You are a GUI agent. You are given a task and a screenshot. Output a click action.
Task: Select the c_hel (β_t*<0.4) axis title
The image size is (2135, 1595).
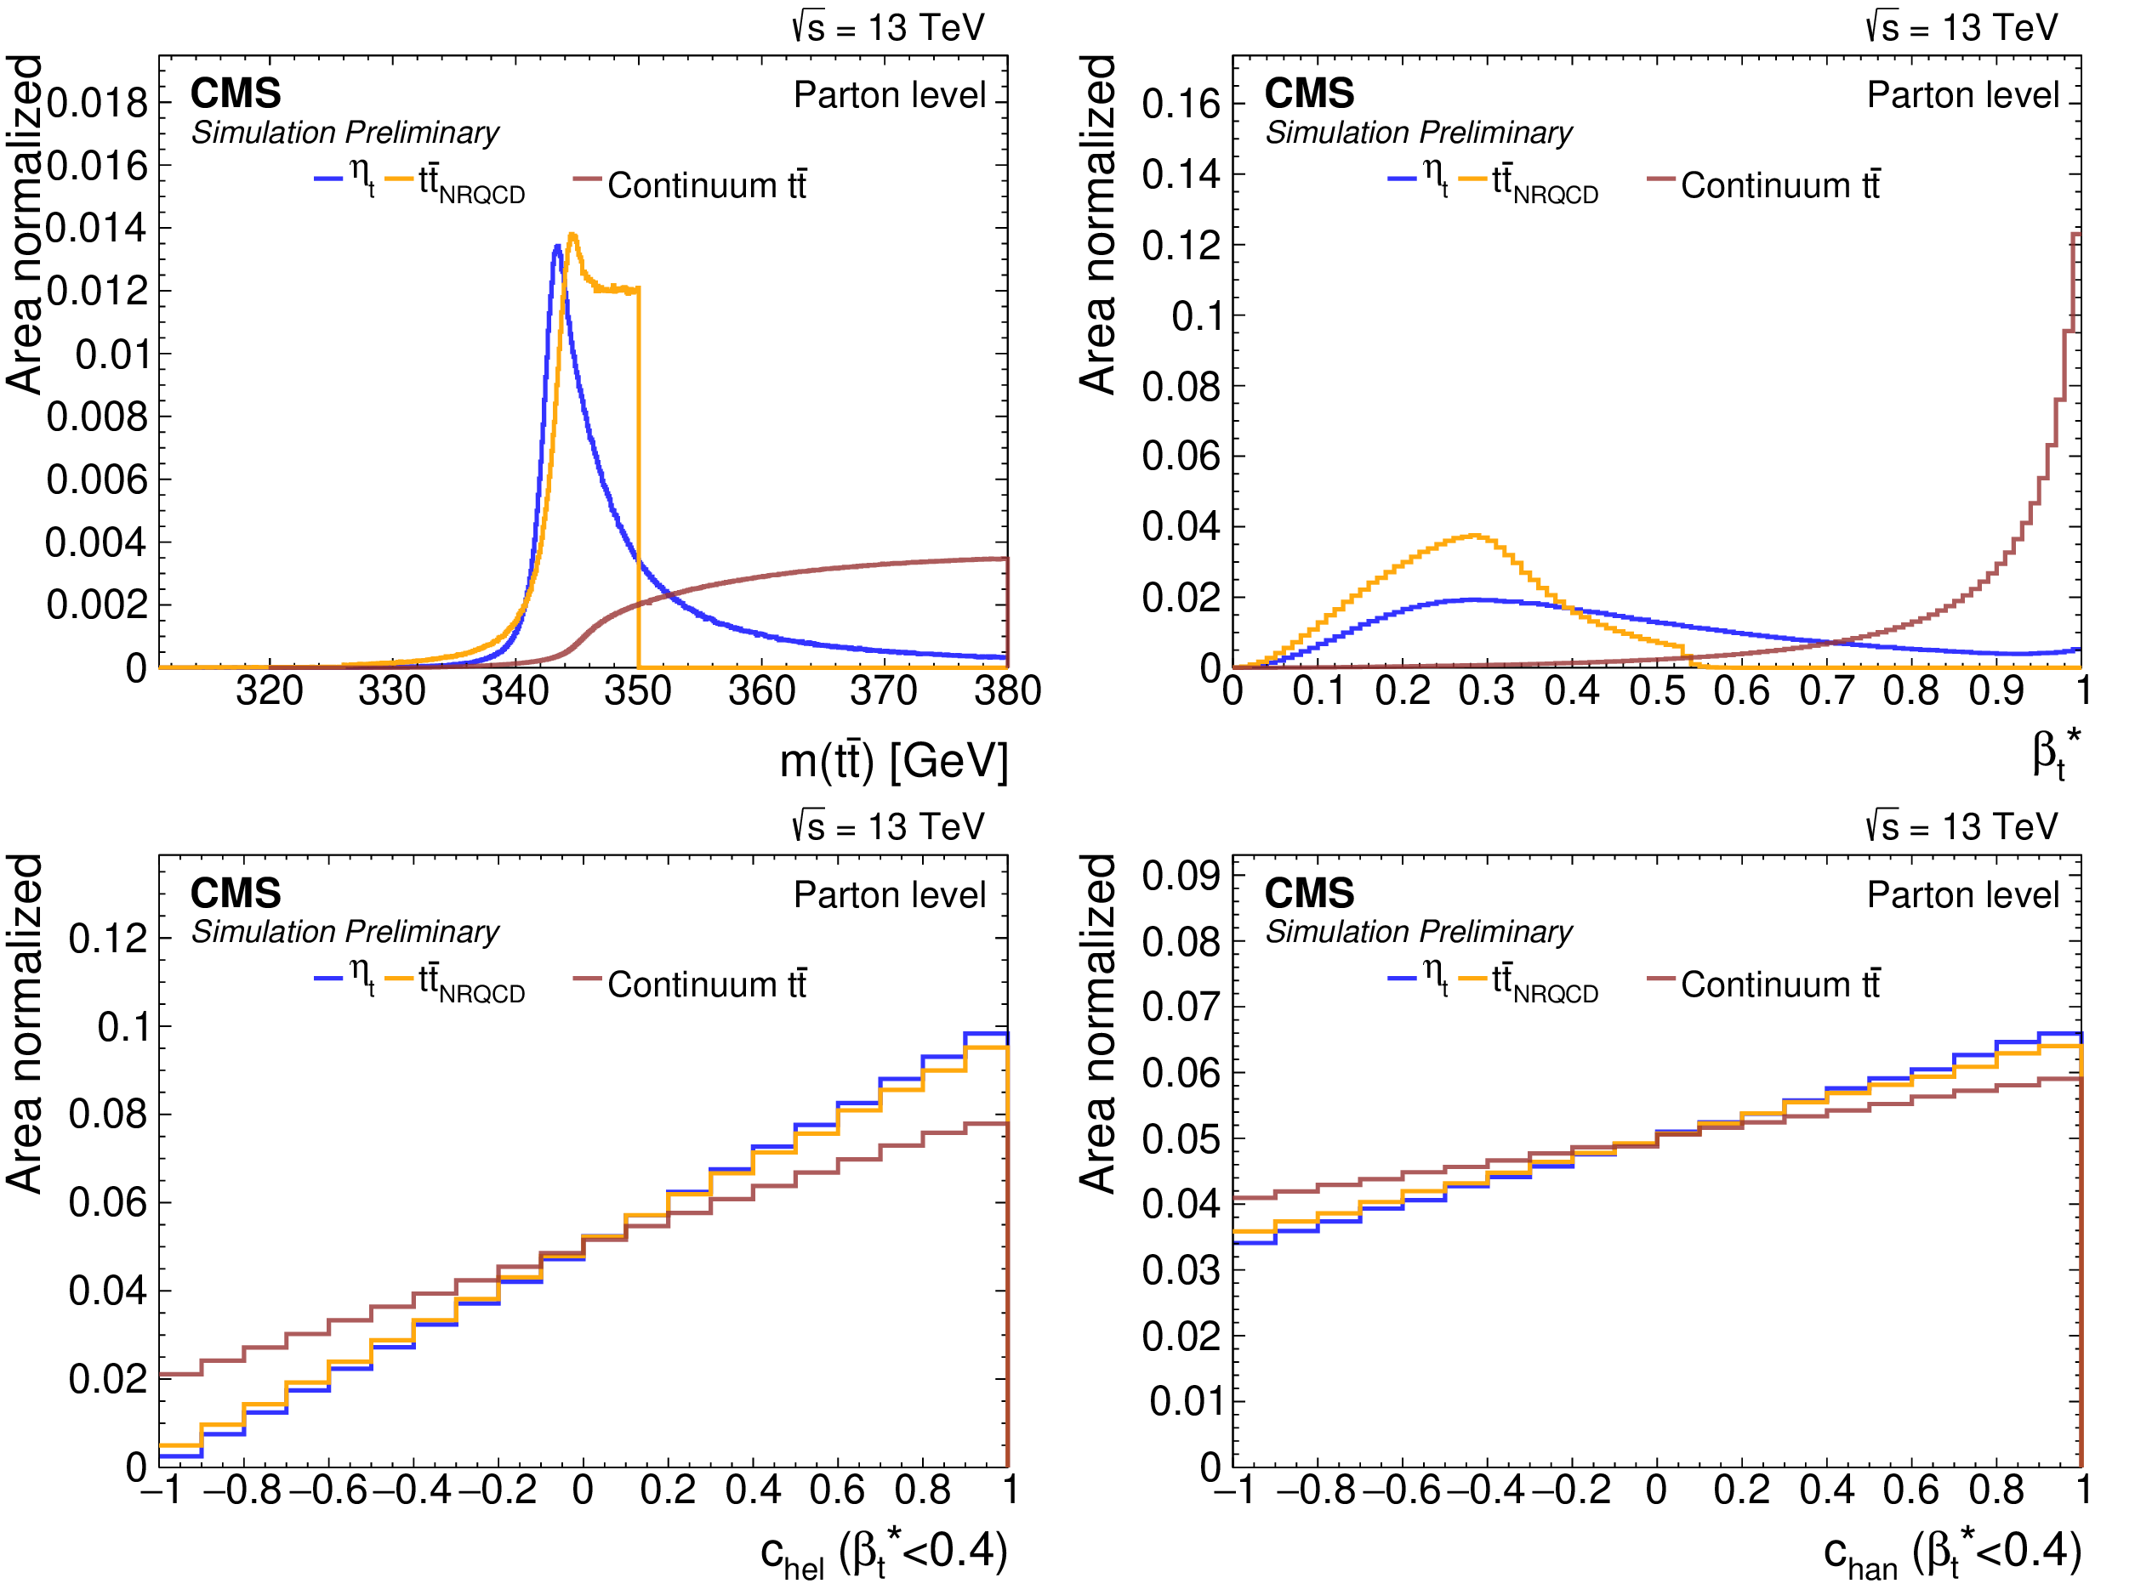pyautogui.click(x=883, y=1553)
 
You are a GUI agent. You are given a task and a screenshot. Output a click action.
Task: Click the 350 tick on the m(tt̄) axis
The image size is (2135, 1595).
pyautogui.click(x=638, y=691)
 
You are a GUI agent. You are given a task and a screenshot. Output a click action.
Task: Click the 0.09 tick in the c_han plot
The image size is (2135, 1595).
pyautogui.click(x=1181, y=876)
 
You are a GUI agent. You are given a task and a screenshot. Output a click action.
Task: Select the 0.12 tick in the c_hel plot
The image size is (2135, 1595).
pyautogui.click(x=108, y=939)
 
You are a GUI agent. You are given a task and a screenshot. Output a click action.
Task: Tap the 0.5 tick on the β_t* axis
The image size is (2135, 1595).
pyautogui.click(x=1657, y=691)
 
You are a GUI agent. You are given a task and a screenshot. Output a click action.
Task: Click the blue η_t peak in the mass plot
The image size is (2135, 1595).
pyautogui.click(x=557, y=247)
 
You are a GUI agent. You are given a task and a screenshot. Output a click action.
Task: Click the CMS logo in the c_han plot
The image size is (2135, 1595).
pyautogui.click(x=1309, y=893)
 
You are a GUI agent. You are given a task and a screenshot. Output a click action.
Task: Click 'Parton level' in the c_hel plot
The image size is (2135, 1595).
pyautogui.click(x=889, y=894)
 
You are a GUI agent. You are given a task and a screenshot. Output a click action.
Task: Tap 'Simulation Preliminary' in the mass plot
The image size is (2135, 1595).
pyautogui.click(x=344, y=132)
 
